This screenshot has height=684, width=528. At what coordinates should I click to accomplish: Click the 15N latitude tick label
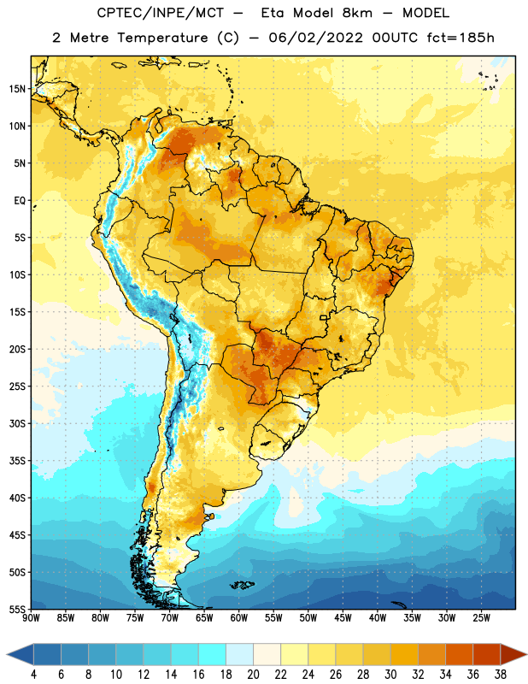(x=17, y=89)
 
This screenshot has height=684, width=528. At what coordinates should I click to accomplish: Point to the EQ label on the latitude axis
(x=20, y=201)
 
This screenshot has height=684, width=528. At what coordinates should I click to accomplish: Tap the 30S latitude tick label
(x=17, y=423)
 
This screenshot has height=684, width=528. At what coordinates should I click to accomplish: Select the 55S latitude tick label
(x=17, y=609)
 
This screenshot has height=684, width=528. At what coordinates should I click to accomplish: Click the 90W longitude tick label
(x=32, y=618)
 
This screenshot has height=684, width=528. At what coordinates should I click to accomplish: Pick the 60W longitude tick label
(x=239, y=618)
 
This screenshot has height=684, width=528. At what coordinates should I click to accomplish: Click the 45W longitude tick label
(x=343, y=618)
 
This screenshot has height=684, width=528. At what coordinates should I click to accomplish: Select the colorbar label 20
(x=253, y=675)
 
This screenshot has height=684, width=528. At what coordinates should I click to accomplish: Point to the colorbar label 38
(x=500, y=675)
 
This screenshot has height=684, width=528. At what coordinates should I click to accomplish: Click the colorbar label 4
(x=33, y=675)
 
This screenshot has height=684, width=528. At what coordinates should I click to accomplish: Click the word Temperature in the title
(x=162, y=38)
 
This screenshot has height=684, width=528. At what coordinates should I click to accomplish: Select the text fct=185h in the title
(x=461, y=38)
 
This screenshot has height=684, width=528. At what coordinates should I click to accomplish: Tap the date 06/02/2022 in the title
(x=315, y=38)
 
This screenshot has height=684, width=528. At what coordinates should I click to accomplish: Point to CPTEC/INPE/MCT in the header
(x=161, y=13)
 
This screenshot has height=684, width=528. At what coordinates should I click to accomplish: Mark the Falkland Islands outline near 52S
(x=242, y=585)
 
